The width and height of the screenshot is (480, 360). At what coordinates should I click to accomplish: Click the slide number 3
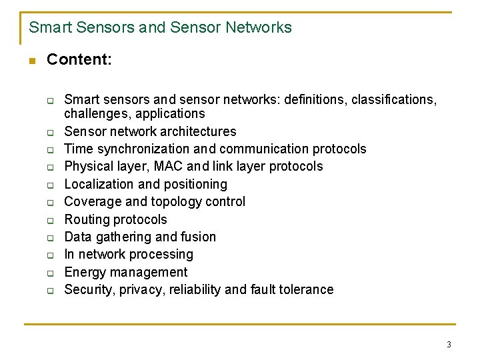pyautogui.click(x=449, y=344)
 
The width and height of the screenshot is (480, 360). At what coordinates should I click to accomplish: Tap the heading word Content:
pyautogui.click(x=79, y=59)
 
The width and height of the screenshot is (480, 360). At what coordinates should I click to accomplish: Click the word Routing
pyautogui.click(x=87, y=219)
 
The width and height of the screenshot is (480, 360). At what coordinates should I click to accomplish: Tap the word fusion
pyautogui.click(x=198, y=237)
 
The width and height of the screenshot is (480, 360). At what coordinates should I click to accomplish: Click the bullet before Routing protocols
pyautogui.click(x=50, y=219)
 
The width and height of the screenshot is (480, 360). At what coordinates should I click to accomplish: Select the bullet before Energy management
pyautogui.click(x=50, y=272)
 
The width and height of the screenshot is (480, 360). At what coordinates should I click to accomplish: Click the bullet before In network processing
pyautogui.click(x=50, y=255)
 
